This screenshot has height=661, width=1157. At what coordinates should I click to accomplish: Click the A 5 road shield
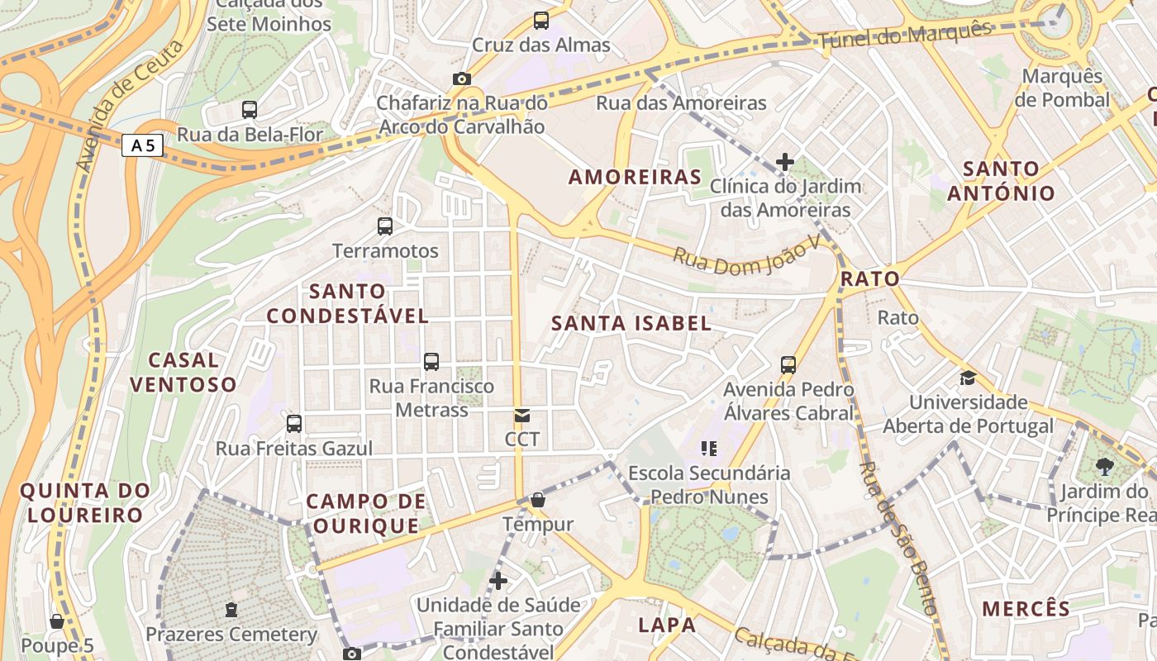142,146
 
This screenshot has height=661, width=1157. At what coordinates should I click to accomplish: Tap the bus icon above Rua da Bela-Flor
250,109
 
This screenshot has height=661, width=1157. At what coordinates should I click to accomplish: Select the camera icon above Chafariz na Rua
462,79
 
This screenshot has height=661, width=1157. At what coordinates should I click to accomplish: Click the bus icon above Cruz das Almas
541,21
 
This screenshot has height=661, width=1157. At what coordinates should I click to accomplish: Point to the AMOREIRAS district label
635,177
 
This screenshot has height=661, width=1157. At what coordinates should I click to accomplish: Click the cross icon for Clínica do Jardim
785,162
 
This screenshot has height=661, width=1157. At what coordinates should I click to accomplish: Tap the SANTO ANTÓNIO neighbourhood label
1001,181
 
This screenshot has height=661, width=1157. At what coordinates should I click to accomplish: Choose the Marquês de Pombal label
1062,88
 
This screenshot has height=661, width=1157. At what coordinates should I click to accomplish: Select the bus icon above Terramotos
385,226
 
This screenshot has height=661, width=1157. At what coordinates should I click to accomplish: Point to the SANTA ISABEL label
631,323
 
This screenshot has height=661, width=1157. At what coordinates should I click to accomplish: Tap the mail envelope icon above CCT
522,415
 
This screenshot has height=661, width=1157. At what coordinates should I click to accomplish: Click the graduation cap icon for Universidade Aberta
967,378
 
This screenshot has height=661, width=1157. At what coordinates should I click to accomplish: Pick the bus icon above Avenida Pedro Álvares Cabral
788,364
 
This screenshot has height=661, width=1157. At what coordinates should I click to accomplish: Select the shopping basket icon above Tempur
538,500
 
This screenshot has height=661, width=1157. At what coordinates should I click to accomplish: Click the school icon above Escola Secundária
708,449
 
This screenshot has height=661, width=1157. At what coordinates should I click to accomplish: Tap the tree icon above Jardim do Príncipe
1104,467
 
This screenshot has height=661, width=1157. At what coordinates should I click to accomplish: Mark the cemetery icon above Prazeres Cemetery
231,610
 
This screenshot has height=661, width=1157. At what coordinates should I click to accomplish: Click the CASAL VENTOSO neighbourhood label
183,372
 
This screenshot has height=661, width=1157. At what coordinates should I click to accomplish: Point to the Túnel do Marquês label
904,35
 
